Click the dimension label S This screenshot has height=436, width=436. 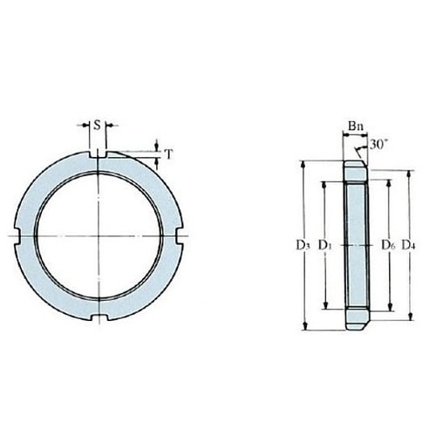[x=98, y=125]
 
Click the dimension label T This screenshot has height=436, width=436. [x=167, y=153]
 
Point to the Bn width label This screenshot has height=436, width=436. [x=356, y=127]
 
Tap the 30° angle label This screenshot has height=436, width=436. [x=378, y=145]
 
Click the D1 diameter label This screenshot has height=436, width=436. [x=324, y=246]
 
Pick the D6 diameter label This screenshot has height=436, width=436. [x=388, y=246]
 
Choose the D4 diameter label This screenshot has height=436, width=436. [x=411, y=246]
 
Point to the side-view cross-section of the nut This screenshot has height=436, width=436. [x=356, y=244]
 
